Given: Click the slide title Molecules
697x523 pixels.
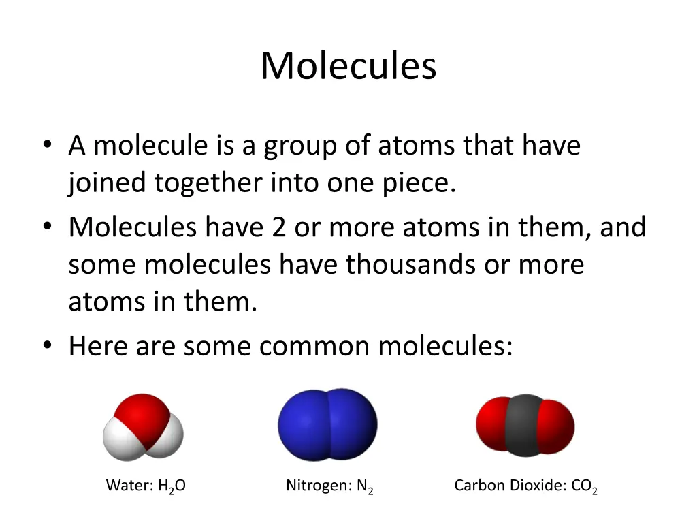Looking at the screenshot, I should pyautogui.click(x=348, y=66).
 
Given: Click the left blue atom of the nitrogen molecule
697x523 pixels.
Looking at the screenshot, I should pyautogui.click(x=303, y=424).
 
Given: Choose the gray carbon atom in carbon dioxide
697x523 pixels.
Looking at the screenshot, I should pyautogui.click(x=525, y=424).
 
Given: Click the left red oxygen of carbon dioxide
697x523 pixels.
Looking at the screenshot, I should pyautogui.click(x=491, y=426).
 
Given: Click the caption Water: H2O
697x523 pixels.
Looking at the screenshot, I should pyautogui.click(x=146, y=486).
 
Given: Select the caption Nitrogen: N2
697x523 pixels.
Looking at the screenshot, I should pyautogui.click(x=329, y=486).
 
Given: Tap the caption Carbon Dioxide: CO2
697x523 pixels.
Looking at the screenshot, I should pyautogui.click(x=525, y=486).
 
